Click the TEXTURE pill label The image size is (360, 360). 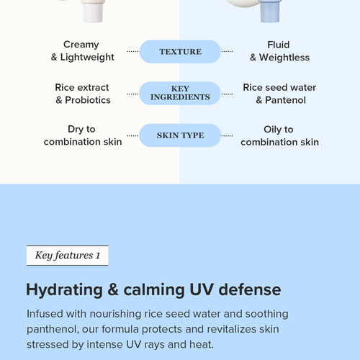[x=180, y=52]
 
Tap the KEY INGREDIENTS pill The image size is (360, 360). [x=180, y=93]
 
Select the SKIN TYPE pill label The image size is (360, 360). [x=180, y=135]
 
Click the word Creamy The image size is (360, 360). [x=81, y=45]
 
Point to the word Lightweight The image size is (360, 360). [x=87, y=58]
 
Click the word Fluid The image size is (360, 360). [x=279, y=45]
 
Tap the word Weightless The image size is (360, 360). [x=284, y=58]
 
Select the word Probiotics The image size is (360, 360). [x=88, y=100]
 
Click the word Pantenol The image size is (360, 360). [x=285, y=100]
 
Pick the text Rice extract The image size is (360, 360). [x=82, y=87]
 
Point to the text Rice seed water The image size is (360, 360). [x=279, y=87]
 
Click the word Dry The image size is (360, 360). [x=76, y=130]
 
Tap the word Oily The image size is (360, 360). [x=272, y=130]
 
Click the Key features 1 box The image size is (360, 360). [x=68, y=256]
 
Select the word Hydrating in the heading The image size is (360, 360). [x=64, y=290]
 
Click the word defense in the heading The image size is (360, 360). [x=250, y=289]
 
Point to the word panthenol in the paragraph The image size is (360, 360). [x=53, y=330]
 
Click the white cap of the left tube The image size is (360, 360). [x=93, y=12]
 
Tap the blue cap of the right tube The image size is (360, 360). [x=270, y=12]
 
